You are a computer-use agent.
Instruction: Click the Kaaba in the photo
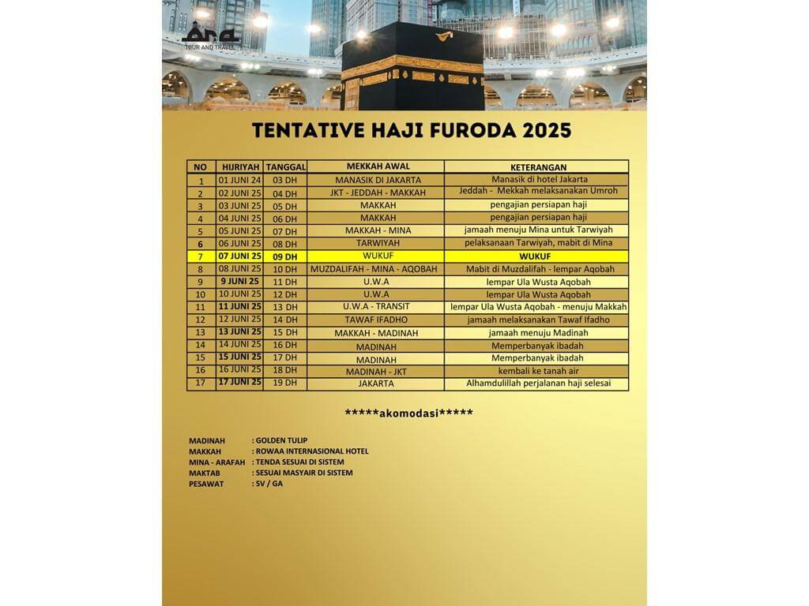pos(412,68)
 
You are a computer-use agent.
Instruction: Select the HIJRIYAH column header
pos(239,166)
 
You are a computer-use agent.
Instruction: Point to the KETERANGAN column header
pos(536,166)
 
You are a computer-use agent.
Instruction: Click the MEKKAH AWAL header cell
pos(378,166)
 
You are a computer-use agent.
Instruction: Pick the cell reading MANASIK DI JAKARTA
pos(378,180)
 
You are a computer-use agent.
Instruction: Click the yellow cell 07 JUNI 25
pos(239,256)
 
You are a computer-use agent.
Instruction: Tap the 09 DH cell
pos(284,256)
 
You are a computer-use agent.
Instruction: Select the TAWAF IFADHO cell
pos(378,320)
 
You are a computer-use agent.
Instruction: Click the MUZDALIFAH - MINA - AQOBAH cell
pos(378,269)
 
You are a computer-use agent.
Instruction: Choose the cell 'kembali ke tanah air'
pos(536,370)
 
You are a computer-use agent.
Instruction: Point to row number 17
pos(201,383)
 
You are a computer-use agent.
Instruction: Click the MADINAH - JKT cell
pos(378,371)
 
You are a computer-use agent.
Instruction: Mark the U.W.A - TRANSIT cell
pos(378,307)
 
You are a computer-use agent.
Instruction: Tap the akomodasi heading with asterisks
pos(409,413)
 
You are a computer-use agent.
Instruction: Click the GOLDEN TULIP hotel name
pos(281,440)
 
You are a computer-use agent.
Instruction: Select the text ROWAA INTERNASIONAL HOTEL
pos(311,451)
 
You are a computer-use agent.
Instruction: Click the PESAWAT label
pos(206,484)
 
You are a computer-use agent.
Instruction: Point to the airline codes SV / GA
pos(269,484)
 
